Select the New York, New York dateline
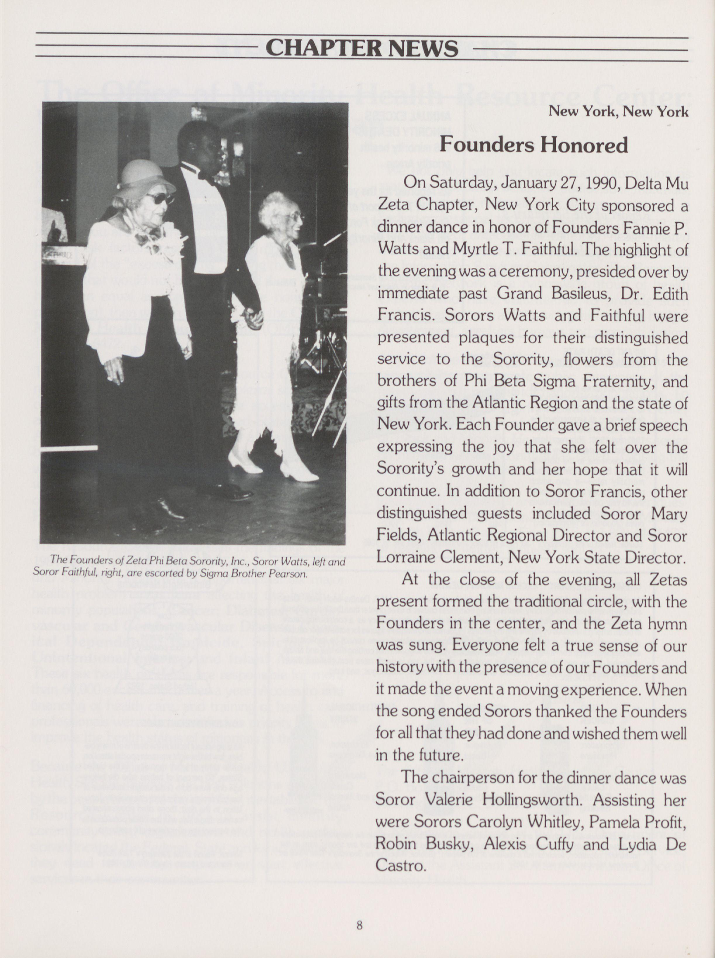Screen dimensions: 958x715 (x=618, y=112)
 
